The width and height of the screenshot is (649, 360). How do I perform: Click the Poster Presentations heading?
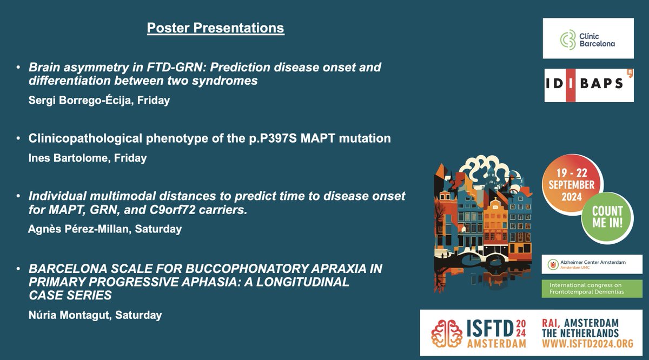click(x=215, y=28)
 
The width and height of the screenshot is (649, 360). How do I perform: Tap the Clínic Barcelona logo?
click(x=588, y=38)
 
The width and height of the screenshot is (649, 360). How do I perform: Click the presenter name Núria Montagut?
click(x=70, y=315)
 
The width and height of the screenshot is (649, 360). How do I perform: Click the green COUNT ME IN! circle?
click(x=607, y=217)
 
